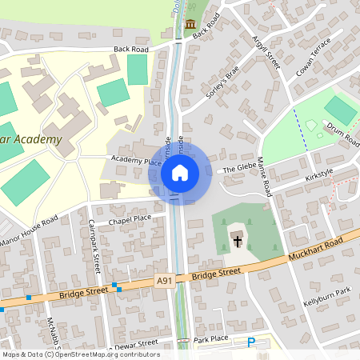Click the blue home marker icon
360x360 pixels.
point(180,172)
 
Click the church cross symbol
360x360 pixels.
point(238,241)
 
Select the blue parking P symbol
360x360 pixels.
point(251,342)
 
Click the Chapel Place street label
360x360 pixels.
point(130,218)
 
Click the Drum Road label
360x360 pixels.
point(342,133)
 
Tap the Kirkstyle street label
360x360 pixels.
point(318,173)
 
